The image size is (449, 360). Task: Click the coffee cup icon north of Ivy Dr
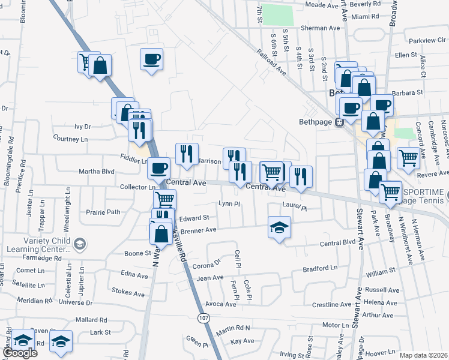coord(151,59)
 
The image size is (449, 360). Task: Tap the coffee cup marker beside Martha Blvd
coord(159,167)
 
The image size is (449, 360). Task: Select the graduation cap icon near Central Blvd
coord(279,227)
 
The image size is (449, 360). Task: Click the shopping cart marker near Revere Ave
coord(408,158)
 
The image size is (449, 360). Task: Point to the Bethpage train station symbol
coord(339,122)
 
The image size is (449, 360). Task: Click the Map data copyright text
coord(424,355)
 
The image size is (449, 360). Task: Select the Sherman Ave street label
coord(320,28)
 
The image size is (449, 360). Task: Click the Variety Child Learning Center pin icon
coord(80,244)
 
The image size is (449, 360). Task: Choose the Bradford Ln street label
coord(321,269)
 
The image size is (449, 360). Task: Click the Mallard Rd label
coord(91,320)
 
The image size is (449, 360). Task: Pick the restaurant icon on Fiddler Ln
coord(187,153)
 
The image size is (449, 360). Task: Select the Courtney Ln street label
coord(70,139)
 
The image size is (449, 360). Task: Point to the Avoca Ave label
coord(220,304)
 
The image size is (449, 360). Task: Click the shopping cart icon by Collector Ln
coord(164,199)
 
